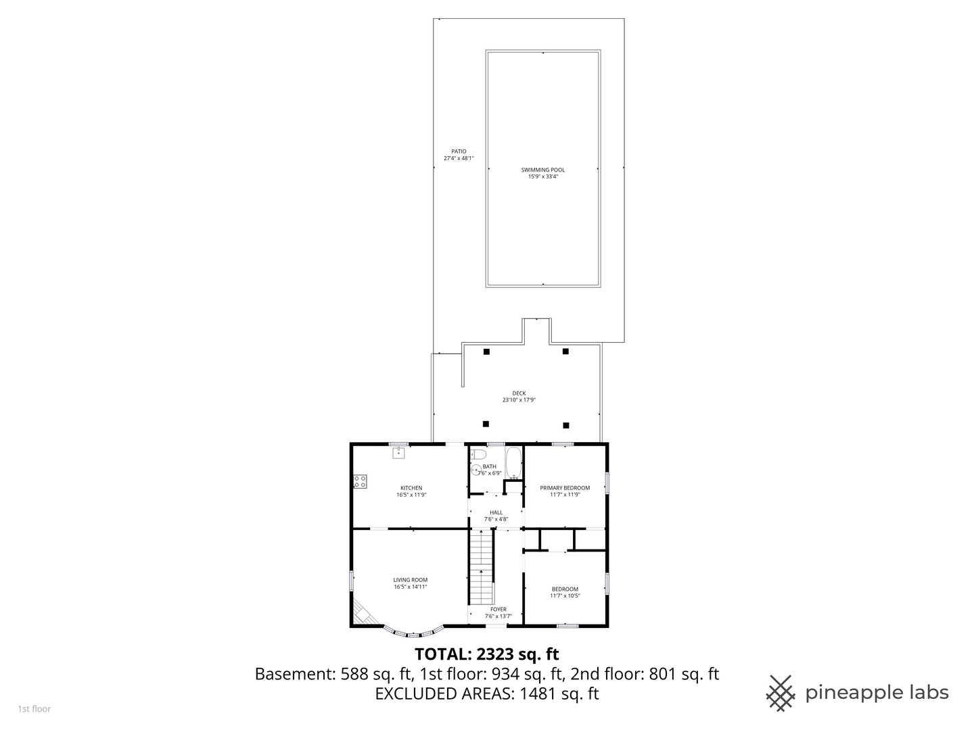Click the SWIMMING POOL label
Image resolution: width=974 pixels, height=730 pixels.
pyautogui.click(x=542, y=170)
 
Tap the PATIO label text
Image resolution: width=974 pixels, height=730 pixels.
pyautogui.click(x=459, y=151)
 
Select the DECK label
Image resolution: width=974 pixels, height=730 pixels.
pyautogui.click(x=518, y=393)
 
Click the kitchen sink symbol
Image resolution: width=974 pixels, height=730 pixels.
pyautogui.click(x=398, y=452)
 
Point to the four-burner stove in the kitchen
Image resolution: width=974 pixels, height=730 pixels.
pyautogui.click(x=360, y=481)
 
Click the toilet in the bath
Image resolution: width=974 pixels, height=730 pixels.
pyautogui.click(x=478, y=454)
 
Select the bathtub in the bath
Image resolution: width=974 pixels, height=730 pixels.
pyautogui.click(x=513, y=462)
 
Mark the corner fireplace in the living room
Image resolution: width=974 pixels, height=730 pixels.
pyautogui.click(x=361, y=612)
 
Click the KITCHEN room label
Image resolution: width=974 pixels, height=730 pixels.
pyautogui.click(x=411, y=488)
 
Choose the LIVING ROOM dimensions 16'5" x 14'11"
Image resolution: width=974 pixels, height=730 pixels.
pyautogui.click(x=411, y=587)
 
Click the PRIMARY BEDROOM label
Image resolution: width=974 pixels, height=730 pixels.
pyautogui.click(x=565, y=488)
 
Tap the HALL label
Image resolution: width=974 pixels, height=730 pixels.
pyautogui.click(x=496, y=512)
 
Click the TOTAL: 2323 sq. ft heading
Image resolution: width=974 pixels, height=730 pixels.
pyautogui.click(x=486, y=654)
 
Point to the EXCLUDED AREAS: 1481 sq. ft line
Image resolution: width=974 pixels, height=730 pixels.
pyautogui.click(x=486, y=693)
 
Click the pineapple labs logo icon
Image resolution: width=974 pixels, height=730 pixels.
pyautogui.click(x=781, y=693)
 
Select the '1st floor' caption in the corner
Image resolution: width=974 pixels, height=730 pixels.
pyautogui.click(x=34, y=709)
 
